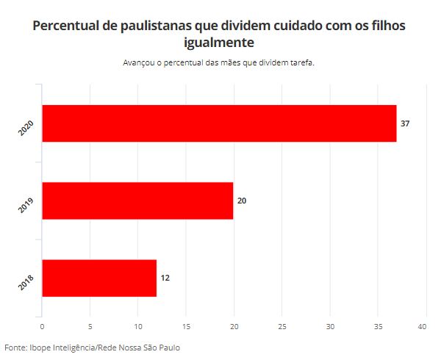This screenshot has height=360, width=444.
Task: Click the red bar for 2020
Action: click(x=219, y=123)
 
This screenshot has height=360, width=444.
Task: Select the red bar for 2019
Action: click(x=137, y=201)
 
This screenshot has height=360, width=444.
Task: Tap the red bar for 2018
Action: click(x=99, y=278)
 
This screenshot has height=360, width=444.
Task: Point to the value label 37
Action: click(x=404, y=123)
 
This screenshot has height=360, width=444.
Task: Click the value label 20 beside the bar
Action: click(x=243, y=201)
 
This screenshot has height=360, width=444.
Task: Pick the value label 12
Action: click(x=165, y=278)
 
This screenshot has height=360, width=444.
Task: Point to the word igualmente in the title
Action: click(x=219, y=43)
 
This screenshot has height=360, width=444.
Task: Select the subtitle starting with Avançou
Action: click(x=219, y=62)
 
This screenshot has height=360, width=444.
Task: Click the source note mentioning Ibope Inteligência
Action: click(x=92, y=348)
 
